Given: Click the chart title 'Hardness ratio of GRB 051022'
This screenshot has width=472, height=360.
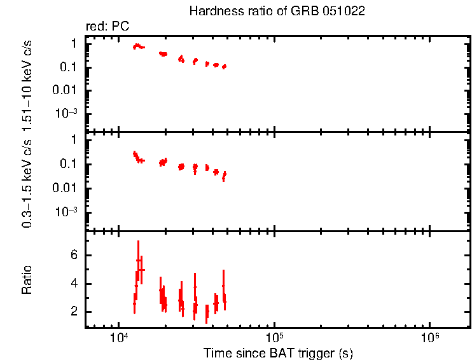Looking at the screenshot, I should pos(277,11).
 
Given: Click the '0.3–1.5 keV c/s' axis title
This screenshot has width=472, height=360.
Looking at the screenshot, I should pos(27,182).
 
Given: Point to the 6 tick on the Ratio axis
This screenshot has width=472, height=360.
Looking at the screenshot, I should pos(74,256).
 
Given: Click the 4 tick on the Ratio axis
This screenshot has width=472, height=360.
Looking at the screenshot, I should pos(74,284).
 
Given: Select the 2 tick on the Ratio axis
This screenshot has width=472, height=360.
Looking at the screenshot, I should pos(74,312).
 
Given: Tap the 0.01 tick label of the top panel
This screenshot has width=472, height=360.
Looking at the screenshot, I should pos(67,90).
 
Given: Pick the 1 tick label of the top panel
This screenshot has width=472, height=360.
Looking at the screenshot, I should pos(74,43).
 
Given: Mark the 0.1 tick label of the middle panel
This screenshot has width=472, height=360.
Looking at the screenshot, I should pos(69,164).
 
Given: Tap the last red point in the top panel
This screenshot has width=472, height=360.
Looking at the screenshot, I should pos(225,67).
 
